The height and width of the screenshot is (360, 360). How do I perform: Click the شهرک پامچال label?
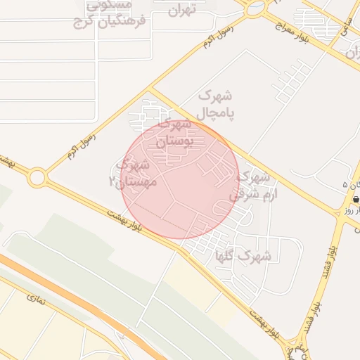click(x=215, y=103)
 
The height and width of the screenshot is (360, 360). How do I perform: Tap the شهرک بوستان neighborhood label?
click(x=173, y=133)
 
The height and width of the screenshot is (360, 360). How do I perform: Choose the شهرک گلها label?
click(x=244, y=257)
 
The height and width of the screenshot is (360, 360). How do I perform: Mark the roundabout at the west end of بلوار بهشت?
click(x=37, y=178)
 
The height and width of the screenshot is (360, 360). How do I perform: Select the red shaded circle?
click(x=180, y=179)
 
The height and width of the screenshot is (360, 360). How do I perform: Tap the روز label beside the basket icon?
click(x=347, y=210)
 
